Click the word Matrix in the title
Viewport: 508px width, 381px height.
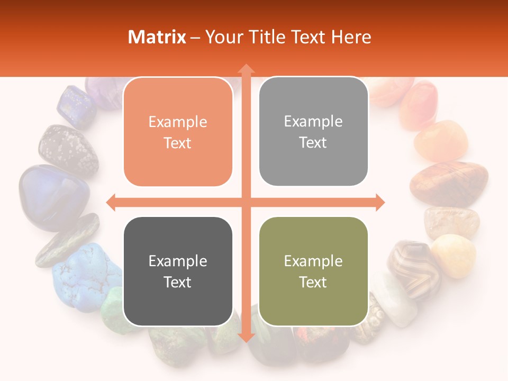pyautogui.click(x=157, y=37)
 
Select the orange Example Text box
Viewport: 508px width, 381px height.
pyautogui.click(x=178, y=132)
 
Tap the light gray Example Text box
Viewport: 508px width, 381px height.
pyautogui.click(x=313, y=131)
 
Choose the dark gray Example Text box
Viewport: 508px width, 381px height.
pyautogui.click(x=178, y=271)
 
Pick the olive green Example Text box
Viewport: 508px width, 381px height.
pyautogui.click(x=313, y=271)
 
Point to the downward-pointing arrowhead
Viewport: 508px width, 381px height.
pyautogui.click(x=246, y=337)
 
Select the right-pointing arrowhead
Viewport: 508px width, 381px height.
pyautogui.click(x=379, y=202)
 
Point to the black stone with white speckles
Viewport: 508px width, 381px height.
pyautogui.click(x=68, y=149)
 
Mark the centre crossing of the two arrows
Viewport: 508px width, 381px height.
pyautogui.click(x=246, y=202)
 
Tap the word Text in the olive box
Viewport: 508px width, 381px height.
pyautogui.click(x=313, y=282)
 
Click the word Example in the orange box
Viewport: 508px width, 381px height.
pyautogui.click(x=178, y=122)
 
